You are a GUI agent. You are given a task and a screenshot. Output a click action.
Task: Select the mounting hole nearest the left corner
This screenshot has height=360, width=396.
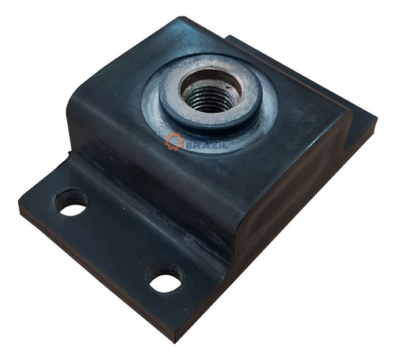click(x=71, y=202)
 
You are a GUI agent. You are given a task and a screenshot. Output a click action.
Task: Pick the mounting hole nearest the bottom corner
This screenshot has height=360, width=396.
click(x=165, y=278)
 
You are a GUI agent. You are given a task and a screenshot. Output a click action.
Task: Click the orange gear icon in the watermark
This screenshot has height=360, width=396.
click(x=173, y=141)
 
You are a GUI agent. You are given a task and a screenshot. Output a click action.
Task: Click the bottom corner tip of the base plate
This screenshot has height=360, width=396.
click(x=173, y=343)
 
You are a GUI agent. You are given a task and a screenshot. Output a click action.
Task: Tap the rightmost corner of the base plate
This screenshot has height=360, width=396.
click(x=377, y=117)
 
